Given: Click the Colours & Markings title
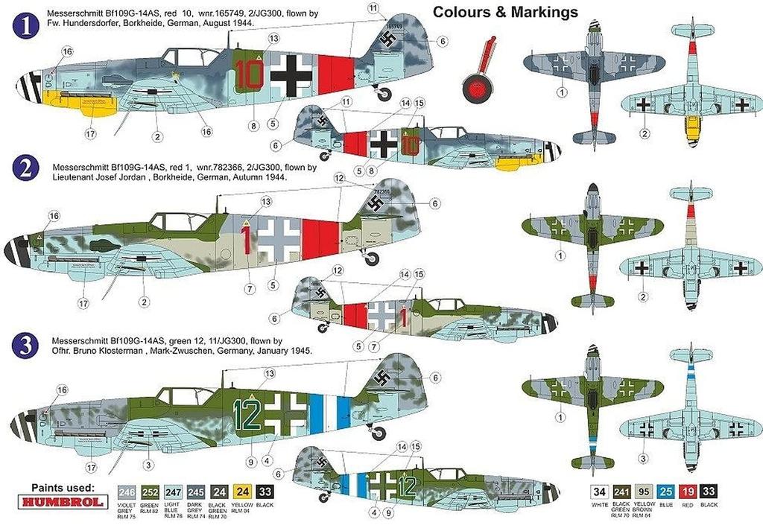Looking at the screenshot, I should pyautogui.click(x=505, y=12).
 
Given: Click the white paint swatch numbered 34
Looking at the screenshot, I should pyautogui.click(x=598, y=492).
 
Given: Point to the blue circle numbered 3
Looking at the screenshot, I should pyautogui.click(x=25, y=346).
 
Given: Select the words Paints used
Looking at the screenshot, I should pyautogui.click(x=63, y=487).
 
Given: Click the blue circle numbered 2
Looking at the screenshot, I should pyautogui.click(x=25, y=168).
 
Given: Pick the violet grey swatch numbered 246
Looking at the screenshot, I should pyautogui.click(x=127, y=492).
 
